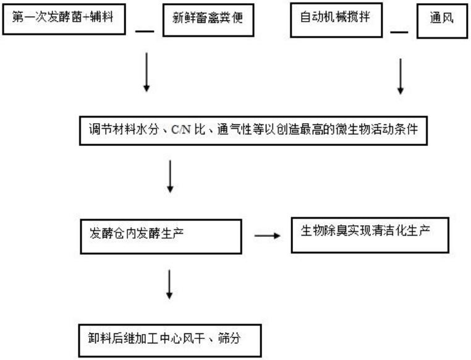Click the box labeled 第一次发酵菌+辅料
point(64,19)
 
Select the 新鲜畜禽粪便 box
point(208,20)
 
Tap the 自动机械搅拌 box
point(336,20)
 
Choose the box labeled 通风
point(442,21)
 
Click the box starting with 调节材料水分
point(253,131)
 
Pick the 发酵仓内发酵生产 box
point(161,236)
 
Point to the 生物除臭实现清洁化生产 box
point(370,235)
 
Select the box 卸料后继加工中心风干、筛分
point(170,340)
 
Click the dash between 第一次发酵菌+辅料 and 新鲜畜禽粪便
point(145,31)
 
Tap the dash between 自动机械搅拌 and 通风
point(399,32)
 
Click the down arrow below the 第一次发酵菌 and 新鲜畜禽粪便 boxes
point(146,72)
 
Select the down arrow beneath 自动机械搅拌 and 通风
point(401,76)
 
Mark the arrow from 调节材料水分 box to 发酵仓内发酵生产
point(170,176)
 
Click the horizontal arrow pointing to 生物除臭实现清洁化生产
point(268,236)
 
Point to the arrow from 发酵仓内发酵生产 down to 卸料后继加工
point(169,285)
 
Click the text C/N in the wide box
point(181,130)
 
